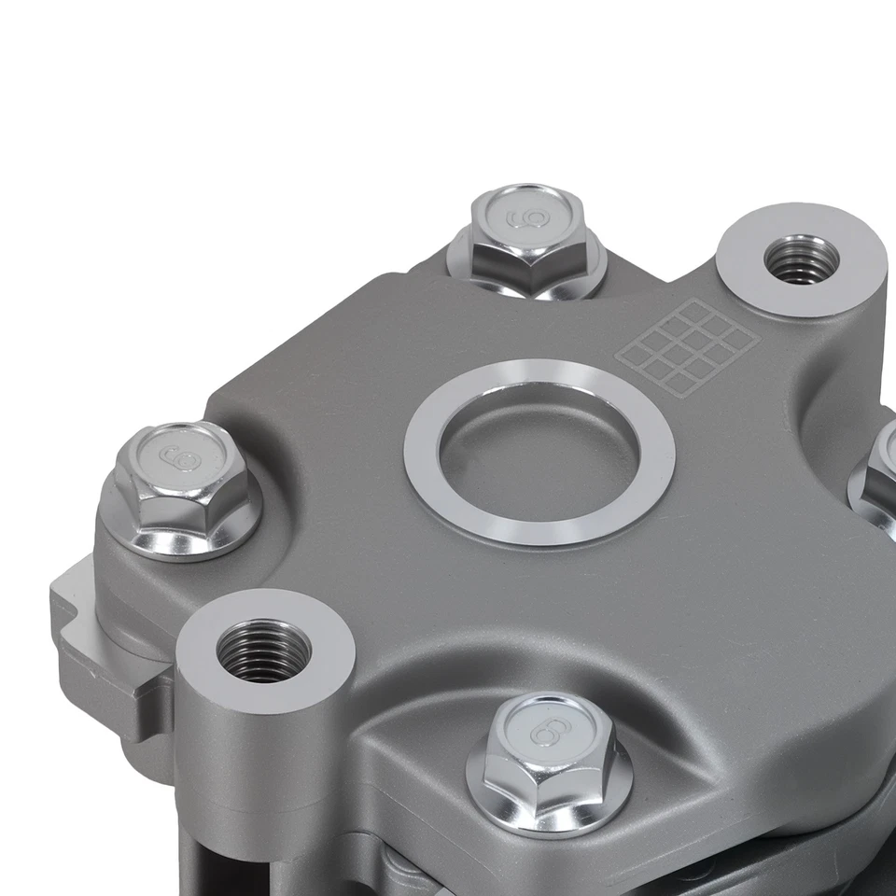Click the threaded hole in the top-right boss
[800, 259]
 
